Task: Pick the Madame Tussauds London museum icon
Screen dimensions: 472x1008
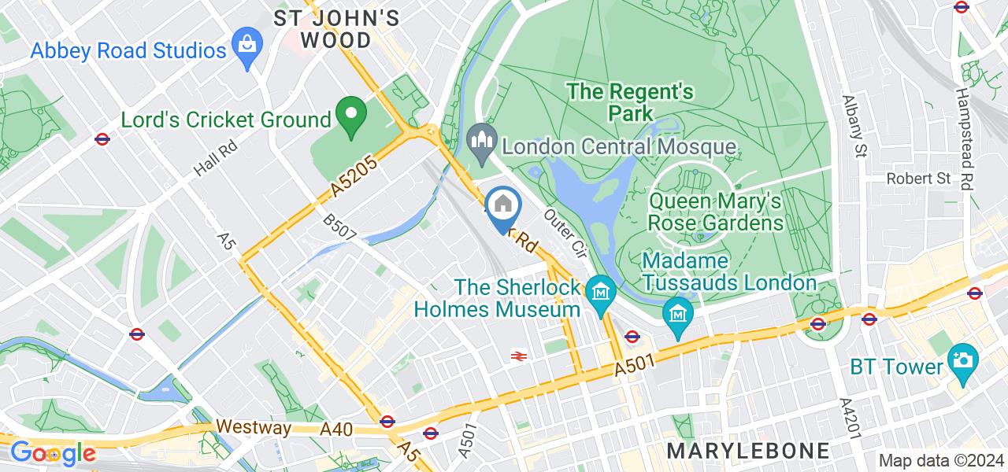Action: click(x=677, y=315)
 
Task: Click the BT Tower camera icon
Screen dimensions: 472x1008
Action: click(x=962, y=361)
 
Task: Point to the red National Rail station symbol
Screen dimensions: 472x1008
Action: click(x=518, y=356)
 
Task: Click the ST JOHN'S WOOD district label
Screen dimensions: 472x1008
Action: click(x=336, y=29)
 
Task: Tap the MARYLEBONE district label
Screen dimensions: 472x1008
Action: click(x=748, y=451)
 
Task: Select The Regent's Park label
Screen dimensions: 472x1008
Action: click(x=631, y=102)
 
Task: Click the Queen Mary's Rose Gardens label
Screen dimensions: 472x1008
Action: click(x=715, y=212)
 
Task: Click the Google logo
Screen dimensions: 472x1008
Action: click(x=53, y=454)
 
